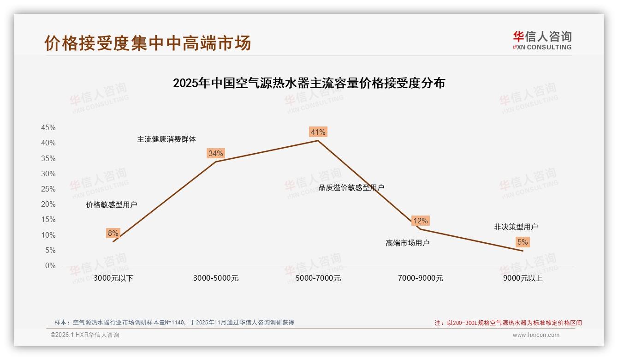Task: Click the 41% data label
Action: click(x=318, y=132)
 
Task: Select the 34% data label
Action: click(x=215, y=153)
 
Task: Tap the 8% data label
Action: click(x=113, y=233)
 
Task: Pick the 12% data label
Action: click(x=420, y=221)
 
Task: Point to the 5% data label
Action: click(x=522, y=242)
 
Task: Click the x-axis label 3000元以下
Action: click(x=113, y=278)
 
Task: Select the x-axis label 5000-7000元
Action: click(x=318, y=278)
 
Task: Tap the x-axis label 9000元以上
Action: click(x=523, y=278)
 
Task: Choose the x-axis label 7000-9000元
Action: click(x=420, y=278)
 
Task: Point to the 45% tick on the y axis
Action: click(x=48, y=128)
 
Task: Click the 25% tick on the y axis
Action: click(x=48, y=189)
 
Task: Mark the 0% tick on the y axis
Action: click(x=50, y=266)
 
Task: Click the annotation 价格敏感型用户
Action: click(x=111, y=205)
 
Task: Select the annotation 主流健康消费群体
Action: click(x=166, y=139)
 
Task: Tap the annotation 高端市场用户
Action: click(x=407, y=243)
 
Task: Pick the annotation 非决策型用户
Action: click(x=516, y=227)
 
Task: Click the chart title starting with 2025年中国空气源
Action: click(x=309, y=84)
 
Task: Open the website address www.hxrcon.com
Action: click(x=535, y=335)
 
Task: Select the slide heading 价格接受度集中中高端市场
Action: click(x=148, y=43)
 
